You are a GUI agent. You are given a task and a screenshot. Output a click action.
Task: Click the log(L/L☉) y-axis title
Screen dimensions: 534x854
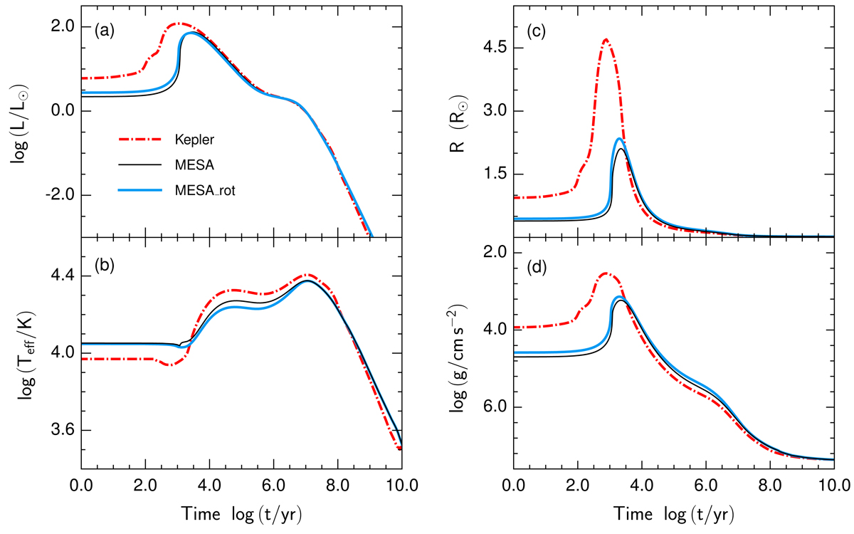click(20, 117)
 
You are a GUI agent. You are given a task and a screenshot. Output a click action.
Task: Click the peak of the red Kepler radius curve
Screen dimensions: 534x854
click(606, 39)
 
